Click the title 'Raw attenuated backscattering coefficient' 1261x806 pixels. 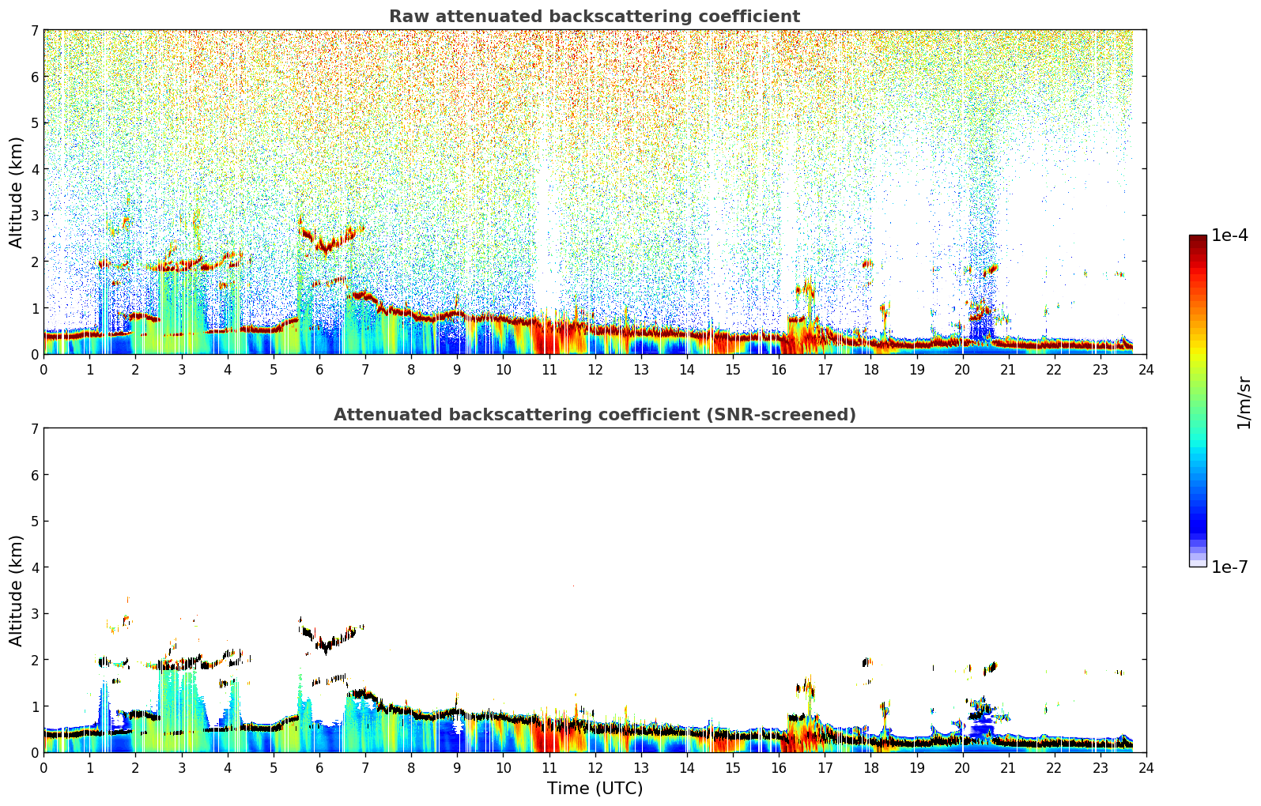pos(595,17)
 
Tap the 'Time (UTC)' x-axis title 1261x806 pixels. pos(595,788)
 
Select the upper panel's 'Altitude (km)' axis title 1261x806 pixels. pos(16,193)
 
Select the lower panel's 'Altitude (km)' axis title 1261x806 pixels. pos(16,590)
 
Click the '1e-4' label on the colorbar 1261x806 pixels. pos(1229,235)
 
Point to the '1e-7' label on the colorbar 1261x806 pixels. pos(1229,567)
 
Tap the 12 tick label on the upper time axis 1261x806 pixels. pos(595,370)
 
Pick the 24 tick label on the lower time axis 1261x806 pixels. pos(1146,768)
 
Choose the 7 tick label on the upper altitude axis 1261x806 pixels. pos(35,30)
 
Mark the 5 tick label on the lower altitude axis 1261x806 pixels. pos(35,522)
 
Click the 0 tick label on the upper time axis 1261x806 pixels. pos(44,370)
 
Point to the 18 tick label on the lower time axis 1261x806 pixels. pos(871,768)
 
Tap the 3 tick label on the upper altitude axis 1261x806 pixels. pos(35,216)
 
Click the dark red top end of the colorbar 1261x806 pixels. pos(1198,239)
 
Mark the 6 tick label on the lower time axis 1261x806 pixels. pos(319,768)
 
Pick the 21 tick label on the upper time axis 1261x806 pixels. pos(1009,370)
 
